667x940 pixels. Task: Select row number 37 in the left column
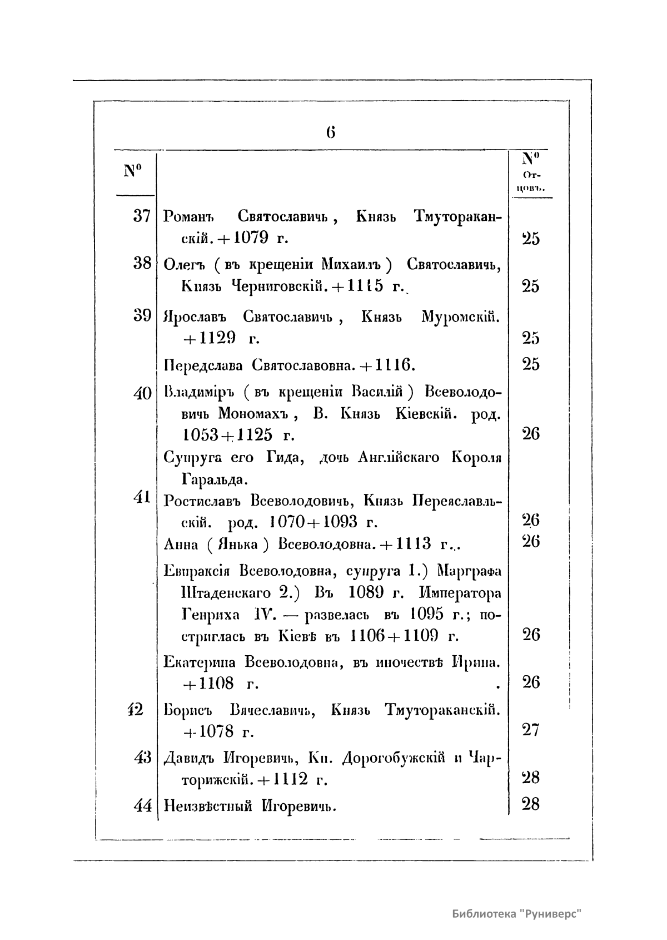[142, 216]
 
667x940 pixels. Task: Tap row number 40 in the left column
[142, 393]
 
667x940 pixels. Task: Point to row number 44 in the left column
[142, 805]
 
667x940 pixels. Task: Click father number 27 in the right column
[531, 729]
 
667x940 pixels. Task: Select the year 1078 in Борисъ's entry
[216, 730]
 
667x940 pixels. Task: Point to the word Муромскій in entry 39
[461, 318]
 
